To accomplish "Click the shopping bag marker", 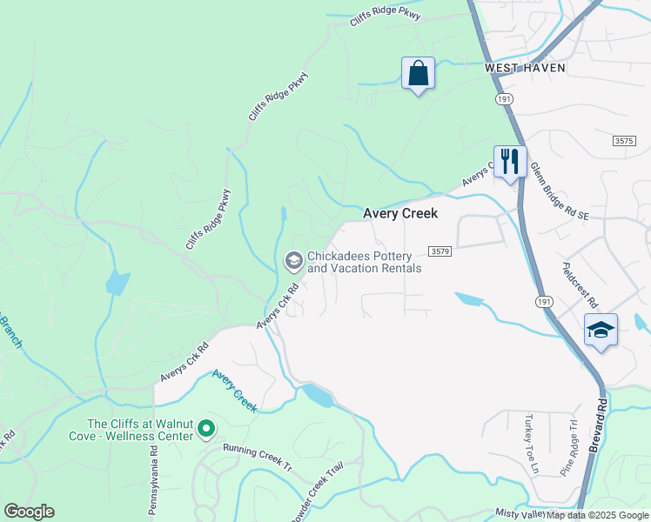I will (418, 73).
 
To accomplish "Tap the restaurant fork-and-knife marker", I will (510, 161).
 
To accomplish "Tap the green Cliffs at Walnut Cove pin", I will (206, 428).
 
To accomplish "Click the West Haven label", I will (525, 67).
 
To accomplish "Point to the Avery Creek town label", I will (399, 213).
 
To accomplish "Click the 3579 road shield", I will (440, 251).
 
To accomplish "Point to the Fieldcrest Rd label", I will (580, 284).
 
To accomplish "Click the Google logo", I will (29, 512).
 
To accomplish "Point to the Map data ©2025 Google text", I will (597, 515).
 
